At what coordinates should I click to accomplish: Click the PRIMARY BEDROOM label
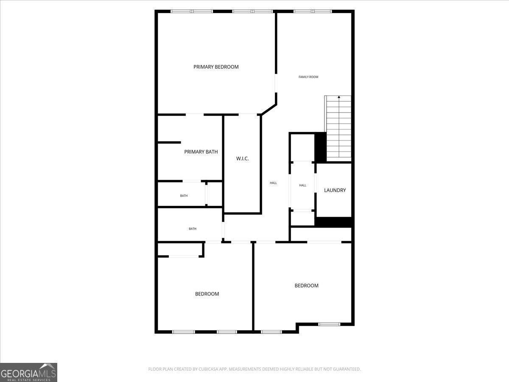tap(216, 67)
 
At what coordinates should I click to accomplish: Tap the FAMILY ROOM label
tap(308, 77)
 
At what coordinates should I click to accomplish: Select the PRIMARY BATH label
tap(201, 152)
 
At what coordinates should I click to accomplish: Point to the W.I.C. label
tap(242, 158)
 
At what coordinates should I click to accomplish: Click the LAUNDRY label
tap(335, 190)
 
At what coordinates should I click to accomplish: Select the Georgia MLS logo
tap(28, 372)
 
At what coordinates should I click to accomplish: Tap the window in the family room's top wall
tap(313, 11)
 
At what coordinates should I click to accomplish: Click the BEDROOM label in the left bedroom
tap(207, 294)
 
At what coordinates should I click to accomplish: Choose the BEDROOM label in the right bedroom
tap(306, 286)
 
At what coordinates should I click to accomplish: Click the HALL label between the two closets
tap(302, 185)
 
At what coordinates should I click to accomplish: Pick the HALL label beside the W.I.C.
tap(273, 183)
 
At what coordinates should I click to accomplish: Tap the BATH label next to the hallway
tap(193, 229)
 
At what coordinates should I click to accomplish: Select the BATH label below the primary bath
tap(184, 196)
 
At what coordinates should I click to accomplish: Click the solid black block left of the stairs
tap(320, 147)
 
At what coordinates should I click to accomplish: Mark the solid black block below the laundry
tap(334, 222)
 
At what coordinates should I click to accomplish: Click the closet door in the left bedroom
tap(183, 256)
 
